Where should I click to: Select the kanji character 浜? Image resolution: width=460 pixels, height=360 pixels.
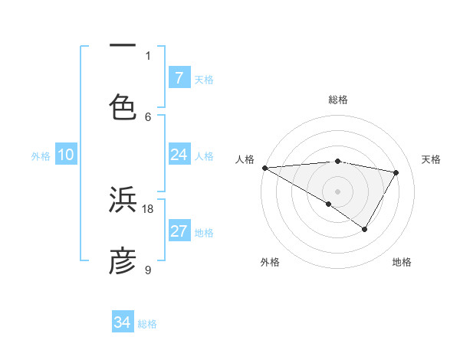(123, 200)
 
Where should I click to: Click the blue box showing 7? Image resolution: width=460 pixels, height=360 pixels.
(179, 77)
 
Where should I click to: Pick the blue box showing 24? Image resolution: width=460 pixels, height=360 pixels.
(179, 155)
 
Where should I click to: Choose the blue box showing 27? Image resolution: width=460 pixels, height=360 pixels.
(179, 231)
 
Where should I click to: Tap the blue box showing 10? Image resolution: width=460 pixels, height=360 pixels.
(66, 155)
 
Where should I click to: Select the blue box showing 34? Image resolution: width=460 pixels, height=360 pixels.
(123, 322)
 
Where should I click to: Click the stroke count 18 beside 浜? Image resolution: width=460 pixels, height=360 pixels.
(148, 208)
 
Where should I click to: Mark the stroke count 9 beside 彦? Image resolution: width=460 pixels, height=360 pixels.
(148, 270)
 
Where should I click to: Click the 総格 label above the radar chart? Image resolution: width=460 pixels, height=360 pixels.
(338, 100)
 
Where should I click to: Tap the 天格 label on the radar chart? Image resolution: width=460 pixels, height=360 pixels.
(432, 159)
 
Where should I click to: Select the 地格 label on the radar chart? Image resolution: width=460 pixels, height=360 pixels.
(402, 262)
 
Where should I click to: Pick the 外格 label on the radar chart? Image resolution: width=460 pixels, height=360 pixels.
(270, 262)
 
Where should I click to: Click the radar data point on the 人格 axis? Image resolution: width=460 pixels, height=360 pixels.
(264, 168)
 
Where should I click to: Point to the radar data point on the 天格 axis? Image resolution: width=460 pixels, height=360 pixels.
(396, 172)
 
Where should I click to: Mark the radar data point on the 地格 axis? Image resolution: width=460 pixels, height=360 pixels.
(365, 229)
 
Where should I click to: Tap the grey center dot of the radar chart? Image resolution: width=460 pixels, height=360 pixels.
(337, 191)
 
